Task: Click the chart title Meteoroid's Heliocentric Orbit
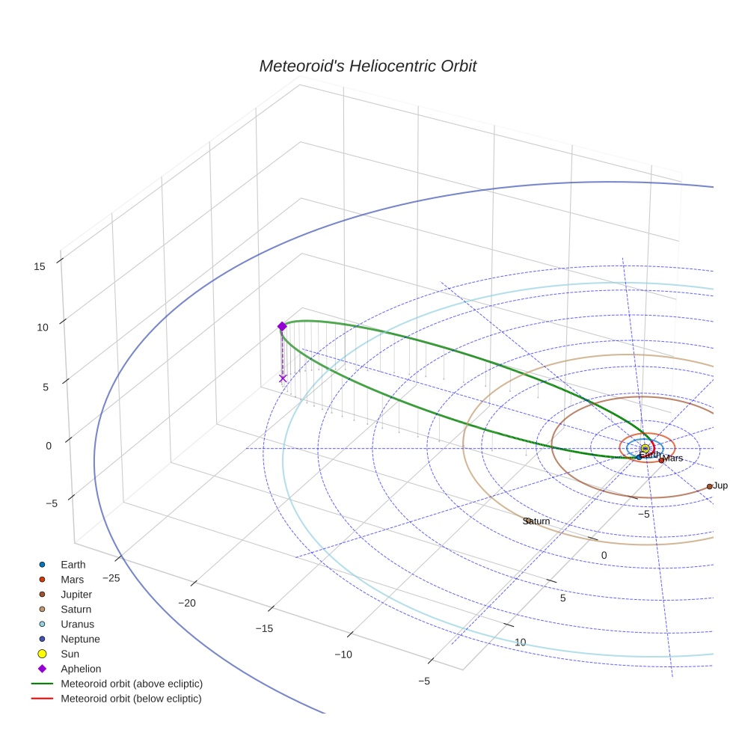[367, 66]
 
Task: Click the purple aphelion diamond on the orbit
[282, 326]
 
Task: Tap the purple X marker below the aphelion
[283, 378]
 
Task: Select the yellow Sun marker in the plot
[645, 448]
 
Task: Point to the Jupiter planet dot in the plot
[709, 486]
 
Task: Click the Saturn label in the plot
[536, 521]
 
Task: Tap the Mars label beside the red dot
[673, 459]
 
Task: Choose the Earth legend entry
[73, 565]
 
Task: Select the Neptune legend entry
[80, 640]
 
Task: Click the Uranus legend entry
[77, 625]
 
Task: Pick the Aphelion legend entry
[80, 669]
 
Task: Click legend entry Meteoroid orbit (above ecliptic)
[132, 684]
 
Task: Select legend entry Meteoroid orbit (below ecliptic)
[131, 699]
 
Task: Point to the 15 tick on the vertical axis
[40, 266]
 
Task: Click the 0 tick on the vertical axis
[49, 446]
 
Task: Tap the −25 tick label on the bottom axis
[111, 578]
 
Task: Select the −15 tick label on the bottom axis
[264, 629]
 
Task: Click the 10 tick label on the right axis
[521, 643]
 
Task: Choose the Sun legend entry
[70, 654]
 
